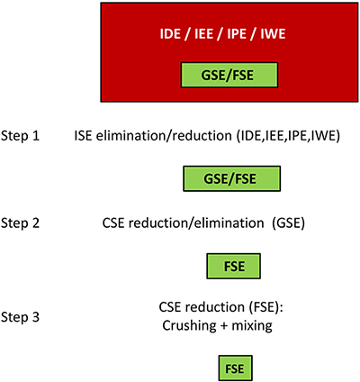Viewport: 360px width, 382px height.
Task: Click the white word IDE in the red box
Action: point(170,33)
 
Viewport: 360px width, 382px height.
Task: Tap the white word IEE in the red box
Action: point(204,33)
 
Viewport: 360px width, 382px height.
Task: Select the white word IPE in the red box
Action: point(237,33)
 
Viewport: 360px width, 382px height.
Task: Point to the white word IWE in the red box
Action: point(273,33)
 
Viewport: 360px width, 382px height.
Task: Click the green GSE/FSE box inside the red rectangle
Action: point(229,75)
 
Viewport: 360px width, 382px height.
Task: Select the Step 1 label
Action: point(20,136)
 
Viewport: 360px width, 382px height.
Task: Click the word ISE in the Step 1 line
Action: point(84,136)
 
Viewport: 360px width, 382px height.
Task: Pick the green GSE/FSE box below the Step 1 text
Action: point(232,178)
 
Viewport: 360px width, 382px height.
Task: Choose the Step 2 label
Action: point(20,223)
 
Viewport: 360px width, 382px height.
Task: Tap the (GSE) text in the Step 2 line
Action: point(288,223)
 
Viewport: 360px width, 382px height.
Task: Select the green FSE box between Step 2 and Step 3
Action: point(233,266)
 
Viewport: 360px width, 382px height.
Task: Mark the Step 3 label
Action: point(20,317)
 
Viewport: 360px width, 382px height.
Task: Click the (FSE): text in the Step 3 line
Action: point(266,307)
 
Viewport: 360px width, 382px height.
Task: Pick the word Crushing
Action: point(189,325)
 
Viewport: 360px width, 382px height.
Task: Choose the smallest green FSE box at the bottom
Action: point(235,368)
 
